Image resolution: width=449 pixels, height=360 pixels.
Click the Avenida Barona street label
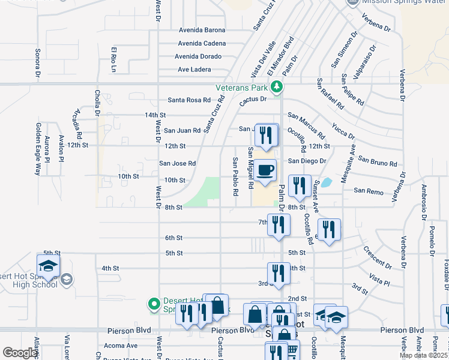(x=202, y=30)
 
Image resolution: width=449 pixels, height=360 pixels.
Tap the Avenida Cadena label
(x=202, y=43)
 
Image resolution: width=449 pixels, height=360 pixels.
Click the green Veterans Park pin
(x=276, y=88)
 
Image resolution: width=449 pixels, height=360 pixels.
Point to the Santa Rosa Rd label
(x=189, y=100)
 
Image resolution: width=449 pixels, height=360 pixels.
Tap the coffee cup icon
(x=265, y=171)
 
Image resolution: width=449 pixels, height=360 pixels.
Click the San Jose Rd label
(x=177, y=163)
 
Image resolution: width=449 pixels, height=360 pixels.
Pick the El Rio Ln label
(x=112, y=56)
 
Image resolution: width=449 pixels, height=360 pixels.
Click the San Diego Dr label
(x=307, y=161)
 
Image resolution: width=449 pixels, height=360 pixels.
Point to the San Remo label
(x=367, y=190)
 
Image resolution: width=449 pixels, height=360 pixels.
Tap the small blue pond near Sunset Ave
(x=327, y=182)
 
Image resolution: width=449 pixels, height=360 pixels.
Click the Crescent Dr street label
(x=376, y=257)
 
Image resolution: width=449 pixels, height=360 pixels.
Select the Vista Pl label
(x=379, y=280)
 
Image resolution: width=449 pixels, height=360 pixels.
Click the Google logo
(x=20, y=353)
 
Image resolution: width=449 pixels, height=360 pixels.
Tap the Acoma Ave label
(x=121, y=346)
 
